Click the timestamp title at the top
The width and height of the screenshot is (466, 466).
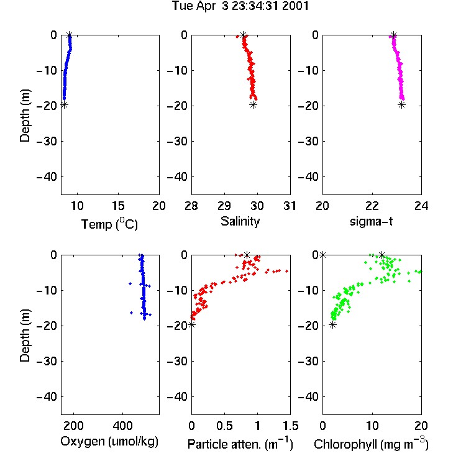240,6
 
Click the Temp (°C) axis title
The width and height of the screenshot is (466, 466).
109,224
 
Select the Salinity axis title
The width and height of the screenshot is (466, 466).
240,221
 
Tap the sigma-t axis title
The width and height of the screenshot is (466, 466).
371,221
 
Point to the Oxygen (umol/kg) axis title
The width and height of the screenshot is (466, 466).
109,441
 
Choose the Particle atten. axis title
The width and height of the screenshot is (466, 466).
240,444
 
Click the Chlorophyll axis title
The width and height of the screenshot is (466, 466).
371,444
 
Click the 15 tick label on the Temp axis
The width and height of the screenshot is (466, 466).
118,206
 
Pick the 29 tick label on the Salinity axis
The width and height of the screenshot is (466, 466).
224,206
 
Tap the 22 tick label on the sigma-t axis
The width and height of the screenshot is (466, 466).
372,206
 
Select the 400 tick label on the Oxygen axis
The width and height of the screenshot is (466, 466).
122,426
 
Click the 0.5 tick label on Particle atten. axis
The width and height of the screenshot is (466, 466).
224,426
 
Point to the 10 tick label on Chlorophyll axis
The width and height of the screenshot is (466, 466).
372,426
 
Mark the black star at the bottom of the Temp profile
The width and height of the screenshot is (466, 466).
64,104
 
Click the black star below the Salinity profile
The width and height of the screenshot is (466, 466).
253,104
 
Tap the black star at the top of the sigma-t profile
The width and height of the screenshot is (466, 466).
393,35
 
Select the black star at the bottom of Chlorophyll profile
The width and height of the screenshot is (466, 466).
333,325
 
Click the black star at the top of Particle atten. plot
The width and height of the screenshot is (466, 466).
247,255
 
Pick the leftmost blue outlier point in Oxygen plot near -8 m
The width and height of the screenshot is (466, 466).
130,283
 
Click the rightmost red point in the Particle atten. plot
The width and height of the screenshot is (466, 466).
287,271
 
